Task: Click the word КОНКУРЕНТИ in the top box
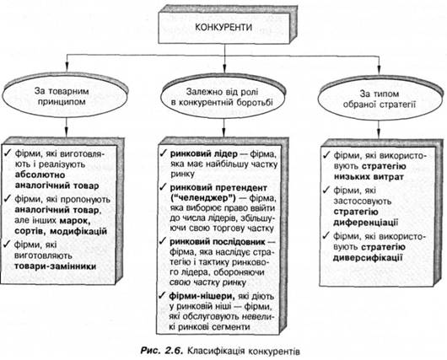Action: coord(223,27)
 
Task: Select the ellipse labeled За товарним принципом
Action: coord(64,97)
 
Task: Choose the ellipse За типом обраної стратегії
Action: coord(380,99)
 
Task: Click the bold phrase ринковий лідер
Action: coord(203,154)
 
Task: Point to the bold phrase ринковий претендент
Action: coord(218,188)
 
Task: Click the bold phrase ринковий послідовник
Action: coord(218,242)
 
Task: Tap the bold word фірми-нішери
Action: coord(202,296)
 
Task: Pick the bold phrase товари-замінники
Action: coord(55,266)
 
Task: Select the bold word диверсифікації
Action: coord(368,258)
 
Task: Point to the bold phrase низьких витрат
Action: coord(369,177)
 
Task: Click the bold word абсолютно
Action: coord(40,175)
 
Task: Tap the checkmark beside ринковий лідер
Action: coord(164,153)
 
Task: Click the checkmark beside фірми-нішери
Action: coord(163,295)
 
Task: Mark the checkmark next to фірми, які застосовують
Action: coord(326,190)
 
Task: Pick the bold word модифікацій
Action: coord(78,231)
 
